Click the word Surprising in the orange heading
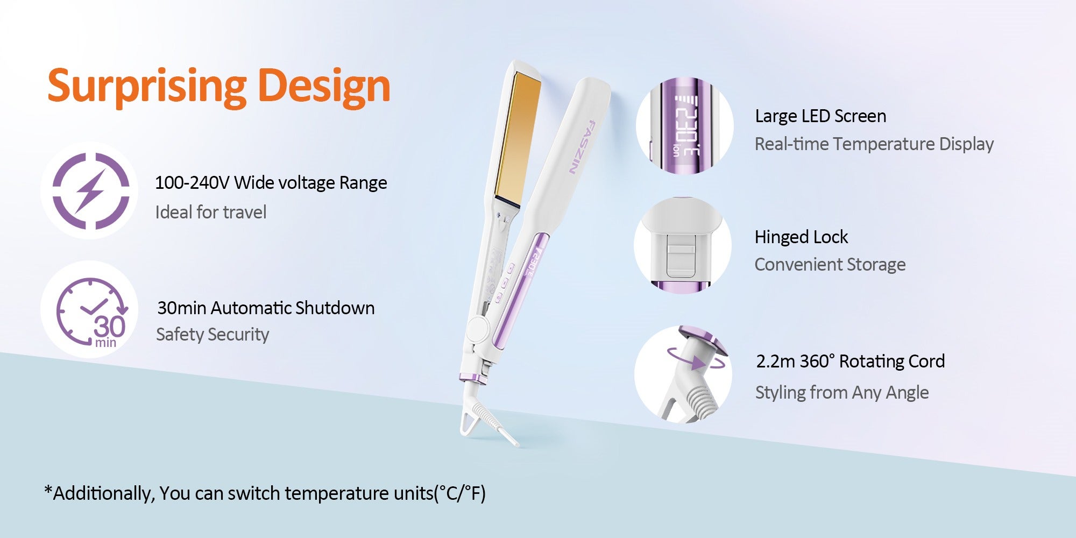[147, 87]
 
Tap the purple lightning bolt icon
[90, 190]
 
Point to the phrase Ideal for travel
[211, 212]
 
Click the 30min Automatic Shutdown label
[266, 308]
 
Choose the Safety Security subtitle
[213, 335]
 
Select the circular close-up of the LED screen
[684, 126]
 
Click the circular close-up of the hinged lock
[683, 245]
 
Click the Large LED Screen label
[820, 116]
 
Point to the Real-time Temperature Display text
[874, 144]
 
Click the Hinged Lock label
[801, 237]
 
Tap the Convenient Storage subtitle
[830, 265]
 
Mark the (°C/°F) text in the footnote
[460, 493]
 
